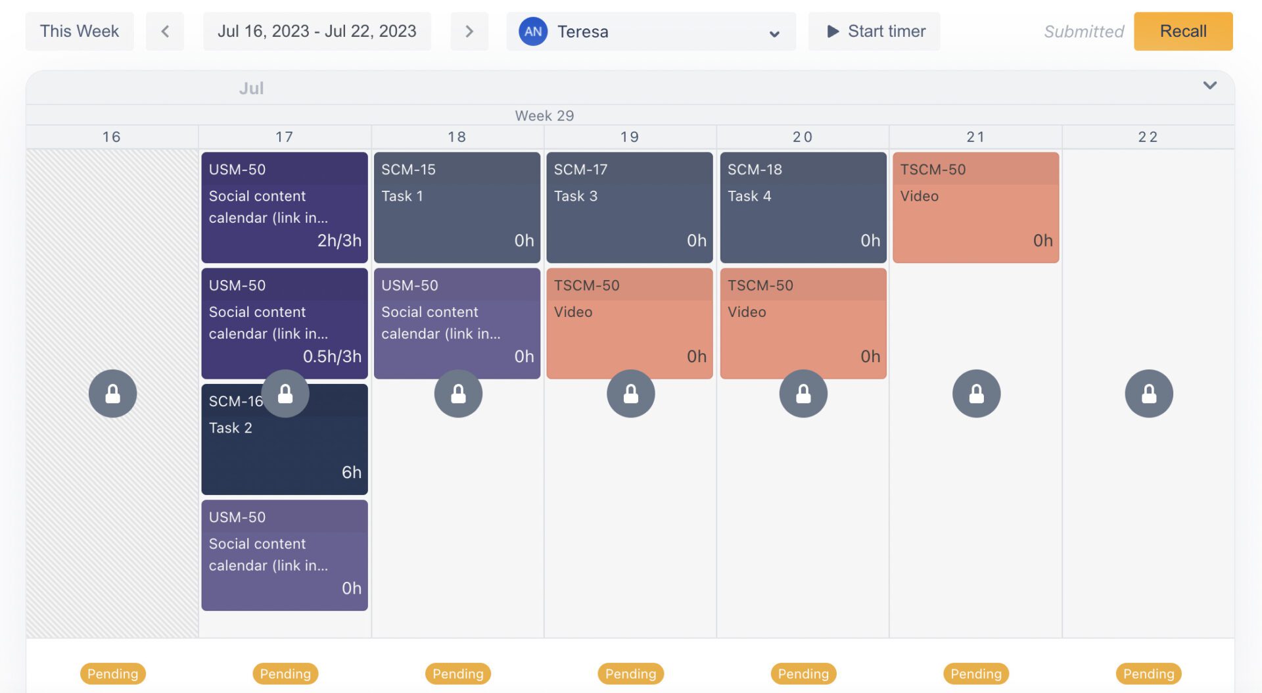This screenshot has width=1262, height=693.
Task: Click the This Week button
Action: pyautogui.click(x=80, y=31)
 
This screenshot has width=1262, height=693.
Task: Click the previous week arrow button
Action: pyautogui.click(x=165, y=31)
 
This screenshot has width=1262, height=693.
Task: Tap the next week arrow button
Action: pyautogui.click(x=469, y=31)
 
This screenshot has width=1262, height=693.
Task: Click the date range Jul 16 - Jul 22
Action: pyautogui.click(x=317, y=31)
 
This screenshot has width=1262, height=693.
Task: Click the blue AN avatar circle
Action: pyautogui.click(x=532, y=31)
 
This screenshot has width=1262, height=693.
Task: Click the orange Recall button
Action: pyautogui.click(x=1182, y=31)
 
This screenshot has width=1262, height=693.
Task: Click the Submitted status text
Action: pyautogui.click(x=1083, y=31)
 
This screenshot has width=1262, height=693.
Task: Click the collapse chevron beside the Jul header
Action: pyautogui.click(x=1209, y=85)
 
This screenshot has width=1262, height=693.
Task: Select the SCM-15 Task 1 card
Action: pyautogui.click(x=457, y=207)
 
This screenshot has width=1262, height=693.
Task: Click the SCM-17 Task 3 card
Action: pyautogui.click(x=629, y=207)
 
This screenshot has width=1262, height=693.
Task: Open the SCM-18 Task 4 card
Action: pyautogui.click(x=803, y=207)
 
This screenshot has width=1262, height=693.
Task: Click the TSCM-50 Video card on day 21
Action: pyautogui.click(x=975, y=207)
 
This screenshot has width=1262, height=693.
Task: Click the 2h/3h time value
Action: pyautogui.click(x=339, y=241)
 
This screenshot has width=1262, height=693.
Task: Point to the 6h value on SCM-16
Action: pyautogui.click(x=351, y=472)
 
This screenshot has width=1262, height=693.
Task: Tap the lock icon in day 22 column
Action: pyautogui.click(x=1148, y=394)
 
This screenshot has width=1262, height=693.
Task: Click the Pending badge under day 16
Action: pyautogui.click(x=113, y=673)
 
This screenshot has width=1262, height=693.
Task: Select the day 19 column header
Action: pyautogui.click(x=629, y=137)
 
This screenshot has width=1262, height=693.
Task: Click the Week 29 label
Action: pyautogui.click(x=544, y=116)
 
